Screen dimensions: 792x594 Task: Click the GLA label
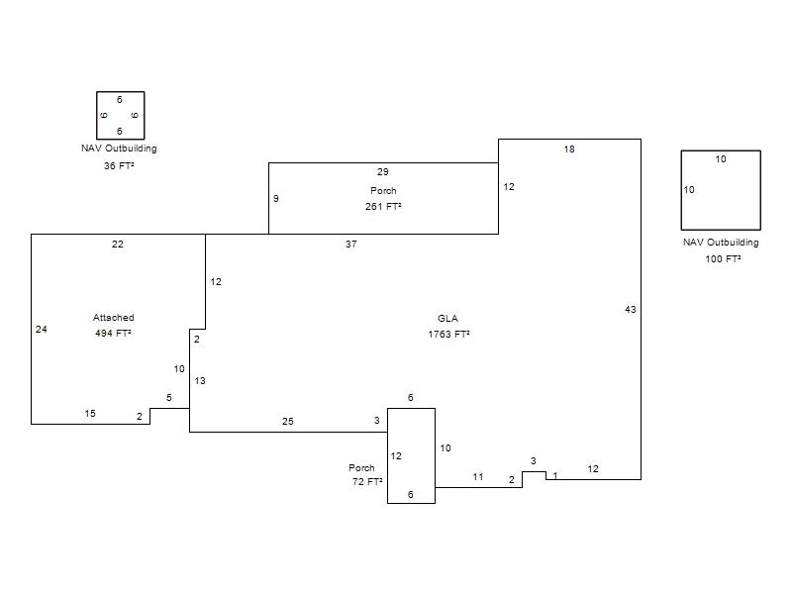click(x=447, y=318)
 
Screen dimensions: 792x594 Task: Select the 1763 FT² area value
click(x=448, y=334)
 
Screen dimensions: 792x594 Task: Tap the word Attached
click(x=113, y=317)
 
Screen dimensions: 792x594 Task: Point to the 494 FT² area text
click(x=113, y=333)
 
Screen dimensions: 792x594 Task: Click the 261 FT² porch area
click(x=383, y=206)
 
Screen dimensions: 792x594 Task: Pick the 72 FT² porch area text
click(x=367, y=481)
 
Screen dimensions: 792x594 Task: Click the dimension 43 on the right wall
click(x=630, y=309)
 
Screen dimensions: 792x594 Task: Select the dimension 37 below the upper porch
click(x=351, y=244)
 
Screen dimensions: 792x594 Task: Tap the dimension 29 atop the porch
click(x=383, y=171)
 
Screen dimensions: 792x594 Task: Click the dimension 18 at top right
click(x=569, y=149)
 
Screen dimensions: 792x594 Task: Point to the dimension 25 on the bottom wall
click(x=287, y=422)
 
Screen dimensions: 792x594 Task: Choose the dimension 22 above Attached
click(x=117, y=244)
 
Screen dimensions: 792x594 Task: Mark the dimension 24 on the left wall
click(x=42, y=330)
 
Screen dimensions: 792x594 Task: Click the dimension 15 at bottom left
click(x=90, y=413)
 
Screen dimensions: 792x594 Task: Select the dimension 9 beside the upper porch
click(x=276, y=199)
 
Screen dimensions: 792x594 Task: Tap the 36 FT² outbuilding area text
click(x=119, y=165)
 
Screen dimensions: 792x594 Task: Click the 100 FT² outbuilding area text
click(x=723, y=258)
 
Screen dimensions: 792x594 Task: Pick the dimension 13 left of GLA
click(x=200, y=381)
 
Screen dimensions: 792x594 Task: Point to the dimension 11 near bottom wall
click(x=478, y=477)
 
